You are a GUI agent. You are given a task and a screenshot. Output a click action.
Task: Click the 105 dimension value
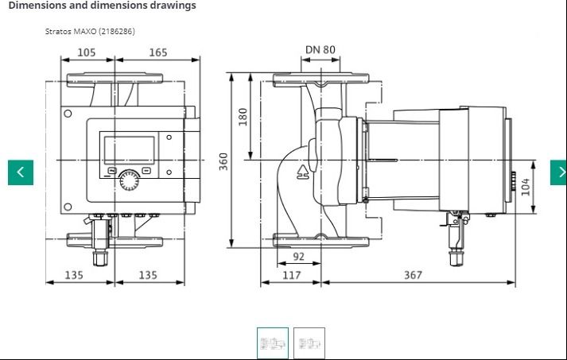[x=87, y=52]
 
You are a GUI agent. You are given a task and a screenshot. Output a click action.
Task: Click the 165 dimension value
[x=158, y=52]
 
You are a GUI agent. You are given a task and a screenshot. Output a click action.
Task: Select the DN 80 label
[x=320, y=49]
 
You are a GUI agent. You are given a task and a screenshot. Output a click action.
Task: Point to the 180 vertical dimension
[x=243, y=117]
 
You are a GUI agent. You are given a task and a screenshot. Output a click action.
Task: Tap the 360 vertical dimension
[x=223, y=161]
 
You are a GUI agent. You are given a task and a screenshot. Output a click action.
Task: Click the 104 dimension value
[x=526, y=187]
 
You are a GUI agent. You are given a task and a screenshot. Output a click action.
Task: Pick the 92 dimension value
[x=299, y=256]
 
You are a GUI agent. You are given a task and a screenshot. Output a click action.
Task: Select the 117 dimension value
[x=292, y=275]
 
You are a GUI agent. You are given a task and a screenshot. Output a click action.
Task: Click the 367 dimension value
[x=413, y=275]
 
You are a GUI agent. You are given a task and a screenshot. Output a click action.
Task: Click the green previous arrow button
[x=21, y=172]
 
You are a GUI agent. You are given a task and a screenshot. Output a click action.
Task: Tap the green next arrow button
[x=559, y=172]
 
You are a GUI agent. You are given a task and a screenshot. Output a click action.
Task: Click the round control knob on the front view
[x=129, y=180]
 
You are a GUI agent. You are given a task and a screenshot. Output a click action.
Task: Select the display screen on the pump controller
[x=129, y=150]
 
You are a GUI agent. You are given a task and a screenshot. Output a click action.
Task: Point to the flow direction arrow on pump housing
[x=303, y=172]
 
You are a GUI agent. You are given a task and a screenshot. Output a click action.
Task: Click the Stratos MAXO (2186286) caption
[x=90, y=32]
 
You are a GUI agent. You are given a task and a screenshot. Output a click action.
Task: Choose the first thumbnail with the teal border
[x=273, y=343]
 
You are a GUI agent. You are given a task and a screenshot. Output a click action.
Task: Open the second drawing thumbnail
[x=309, y=343]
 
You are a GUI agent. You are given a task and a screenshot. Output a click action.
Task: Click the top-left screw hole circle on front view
[x=68, y=114]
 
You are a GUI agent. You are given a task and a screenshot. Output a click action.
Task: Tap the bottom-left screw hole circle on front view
[x=68, y=207]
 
